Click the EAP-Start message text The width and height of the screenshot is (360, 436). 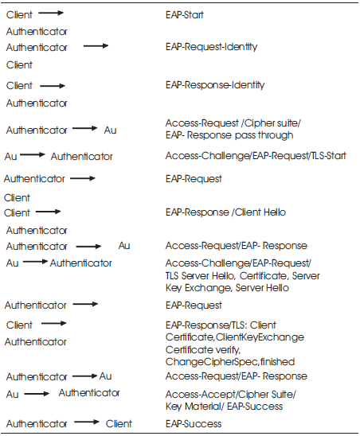pos(184,14)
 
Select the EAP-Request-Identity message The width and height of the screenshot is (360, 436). pos(211,46)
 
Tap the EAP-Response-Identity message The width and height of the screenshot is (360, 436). pos(215,85)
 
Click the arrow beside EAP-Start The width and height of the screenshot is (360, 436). pos(51,13)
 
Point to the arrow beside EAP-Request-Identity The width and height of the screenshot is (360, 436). pos(96,46)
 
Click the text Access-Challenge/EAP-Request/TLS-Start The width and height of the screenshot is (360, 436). pos(256,156)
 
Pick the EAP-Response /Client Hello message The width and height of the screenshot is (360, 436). pos(225,212)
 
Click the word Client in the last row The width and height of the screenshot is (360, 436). pos(119,423)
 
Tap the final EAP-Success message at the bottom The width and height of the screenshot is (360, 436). pos(194,424)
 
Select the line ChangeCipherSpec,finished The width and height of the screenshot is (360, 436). pos(230,362)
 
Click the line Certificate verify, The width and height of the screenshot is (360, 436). pos(203,349)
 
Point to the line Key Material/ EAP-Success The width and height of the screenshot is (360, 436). pos(224,407)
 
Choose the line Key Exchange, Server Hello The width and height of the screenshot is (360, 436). pos(227,287)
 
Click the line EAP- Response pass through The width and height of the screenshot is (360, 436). pos(229,135)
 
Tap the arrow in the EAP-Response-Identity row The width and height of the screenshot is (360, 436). pos(53,86)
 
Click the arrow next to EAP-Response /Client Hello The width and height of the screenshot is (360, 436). pos(49,212)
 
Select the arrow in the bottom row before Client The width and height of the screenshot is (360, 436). pos(87,422)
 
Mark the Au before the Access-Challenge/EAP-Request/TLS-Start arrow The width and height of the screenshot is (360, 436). pos(10,156)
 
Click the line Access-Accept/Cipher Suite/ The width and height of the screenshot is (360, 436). pos(230,395)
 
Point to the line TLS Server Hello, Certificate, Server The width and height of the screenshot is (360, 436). pos(242,275)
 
